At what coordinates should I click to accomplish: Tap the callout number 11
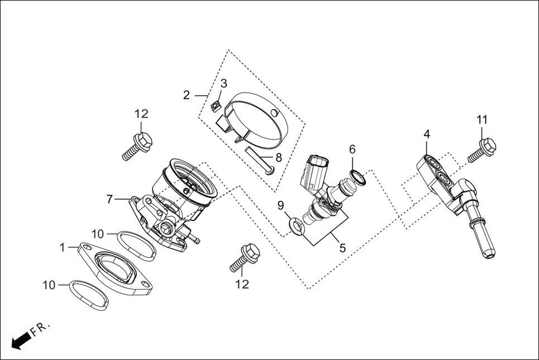coord(482,119)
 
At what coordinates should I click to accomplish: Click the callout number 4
coord(427,134)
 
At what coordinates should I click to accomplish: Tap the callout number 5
coord(342,248)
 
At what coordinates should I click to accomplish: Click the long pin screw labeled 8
coord(260,160)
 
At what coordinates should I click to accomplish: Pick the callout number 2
coord(187,95)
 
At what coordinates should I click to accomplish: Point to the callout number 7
coord(110,199)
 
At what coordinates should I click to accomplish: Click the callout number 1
coord(63,246)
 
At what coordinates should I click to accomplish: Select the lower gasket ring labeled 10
coord(89,295)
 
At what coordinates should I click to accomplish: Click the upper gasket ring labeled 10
coord(137,245)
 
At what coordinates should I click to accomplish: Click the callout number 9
coord(281,205)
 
